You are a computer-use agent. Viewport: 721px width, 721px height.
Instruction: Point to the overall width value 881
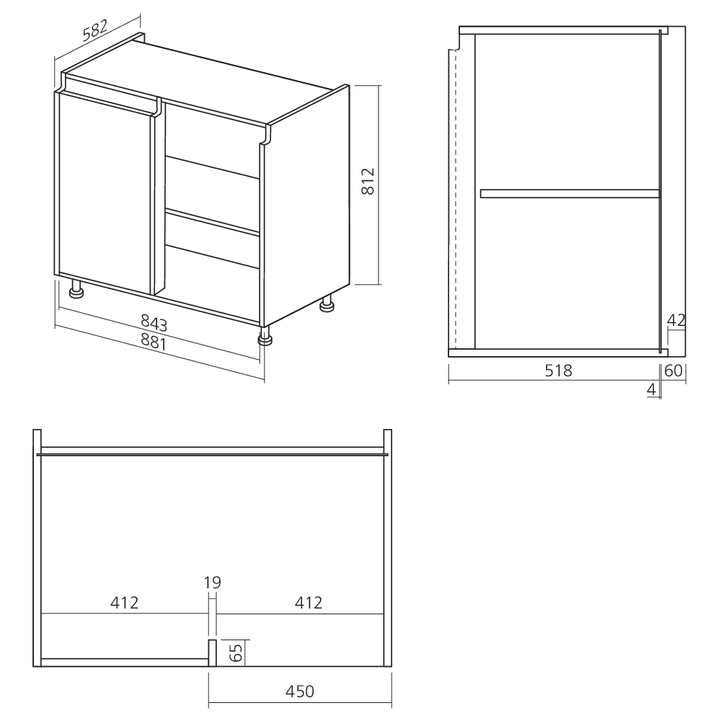point(153,341)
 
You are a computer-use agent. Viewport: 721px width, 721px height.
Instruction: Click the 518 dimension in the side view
point(558,371)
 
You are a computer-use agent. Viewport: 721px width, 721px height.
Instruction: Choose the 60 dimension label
point(673,371)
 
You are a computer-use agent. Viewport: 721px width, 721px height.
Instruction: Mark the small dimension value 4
point(652,389)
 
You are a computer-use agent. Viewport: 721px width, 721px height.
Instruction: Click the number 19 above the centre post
point(213,583)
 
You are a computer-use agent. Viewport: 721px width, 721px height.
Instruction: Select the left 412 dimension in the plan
point(124,602)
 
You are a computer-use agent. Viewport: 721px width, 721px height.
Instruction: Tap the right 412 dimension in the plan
point(308,602)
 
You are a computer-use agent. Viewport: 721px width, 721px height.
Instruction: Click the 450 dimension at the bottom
point(300,691)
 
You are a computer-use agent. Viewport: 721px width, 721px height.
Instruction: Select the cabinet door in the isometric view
point(105,195)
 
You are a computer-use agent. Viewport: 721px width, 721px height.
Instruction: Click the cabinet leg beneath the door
point(76,291)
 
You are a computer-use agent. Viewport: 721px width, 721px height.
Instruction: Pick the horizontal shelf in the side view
point(570,193)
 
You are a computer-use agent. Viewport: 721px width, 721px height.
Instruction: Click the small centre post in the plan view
point(213,653)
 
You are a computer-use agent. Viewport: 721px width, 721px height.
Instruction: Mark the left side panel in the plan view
point(37,548)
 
